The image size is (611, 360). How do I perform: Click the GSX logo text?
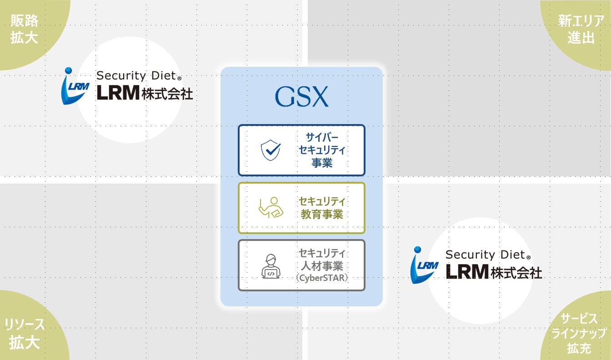pos(301,96)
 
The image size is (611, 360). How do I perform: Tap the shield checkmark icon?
pos(270,150)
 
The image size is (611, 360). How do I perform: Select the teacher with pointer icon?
pos(271,208)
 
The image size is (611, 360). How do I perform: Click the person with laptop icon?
pos(270,266)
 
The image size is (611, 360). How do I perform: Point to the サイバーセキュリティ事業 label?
pos(322,150)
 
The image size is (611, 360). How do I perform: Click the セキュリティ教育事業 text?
pos(322,208)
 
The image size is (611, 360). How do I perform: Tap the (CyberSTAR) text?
pos(322,278)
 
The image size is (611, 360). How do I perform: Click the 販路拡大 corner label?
pos(24,29)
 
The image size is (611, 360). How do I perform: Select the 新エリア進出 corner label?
pos(581,29)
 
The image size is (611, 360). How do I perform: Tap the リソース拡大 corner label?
pos(24,334)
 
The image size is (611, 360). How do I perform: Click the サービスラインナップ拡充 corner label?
pos(579,334)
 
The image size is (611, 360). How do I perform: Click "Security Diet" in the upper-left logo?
pos(136,75)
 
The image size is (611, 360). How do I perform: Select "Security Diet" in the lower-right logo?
pos(486,255)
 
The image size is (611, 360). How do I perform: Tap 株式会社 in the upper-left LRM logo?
pos(167,93)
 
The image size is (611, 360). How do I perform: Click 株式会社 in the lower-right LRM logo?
pos(516,272)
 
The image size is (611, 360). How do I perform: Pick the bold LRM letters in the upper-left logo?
pos(118,93)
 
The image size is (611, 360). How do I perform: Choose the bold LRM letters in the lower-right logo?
pos(467,272)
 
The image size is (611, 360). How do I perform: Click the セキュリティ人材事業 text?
pos(322,260)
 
